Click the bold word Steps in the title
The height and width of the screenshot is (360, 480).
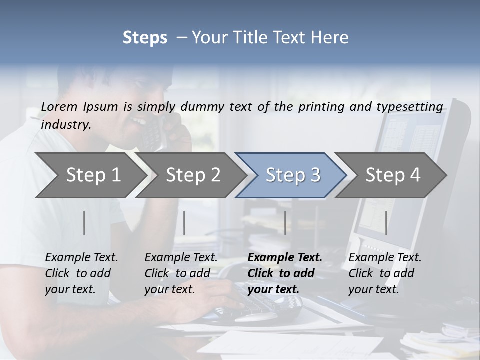[x=145, y=37]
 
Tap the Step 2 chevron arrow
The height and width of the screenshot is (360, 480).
[x=193, y=175]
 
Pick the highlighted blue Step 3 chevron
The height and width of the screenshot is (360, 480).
[x=293, y=175]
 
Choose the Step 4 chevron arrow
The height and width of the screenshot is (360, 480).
[x=393, y=175]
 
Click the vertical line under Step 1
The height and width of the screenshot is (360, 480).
[x=84, y=223]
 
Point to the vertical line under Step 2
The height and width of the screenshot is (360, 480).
[x=184, y=223]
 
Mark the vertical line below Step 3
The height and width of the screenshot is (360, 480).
[x=285, y=223]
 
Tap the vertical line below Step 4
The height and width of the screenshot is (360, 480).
[x=386, y=223]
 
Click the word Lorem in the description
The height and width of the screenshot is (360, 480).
[x=59, y=106]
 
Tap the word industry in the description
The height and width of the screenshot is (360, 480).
[x=65, y=125]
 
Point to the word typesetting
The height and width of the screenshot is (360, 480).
[x=414, y=106]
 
